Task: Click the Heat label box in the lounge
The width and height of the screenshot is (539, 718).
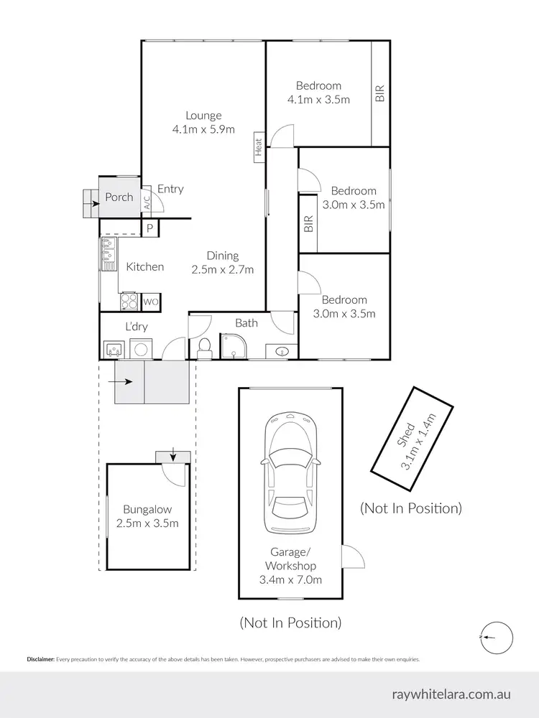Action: coord(259,147)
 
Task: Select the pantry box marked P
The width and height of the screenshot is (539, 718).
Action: coord(150,228)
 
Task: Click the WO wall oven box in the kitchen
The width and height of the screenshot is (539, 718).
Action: coord(151,302)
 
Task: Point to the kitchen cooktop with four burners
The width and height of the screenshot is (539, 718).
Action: coord(129,302)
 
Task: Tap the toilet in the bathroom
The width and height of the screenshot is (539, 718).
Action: coord(204,348)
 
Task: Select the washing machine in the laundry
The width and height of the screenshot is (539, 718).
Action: coord(141,348)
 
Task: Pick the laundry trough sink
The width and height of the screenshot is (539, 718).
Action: coord(113,350)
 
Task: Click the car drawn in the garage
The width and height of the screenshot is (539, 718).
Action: coord(290,472)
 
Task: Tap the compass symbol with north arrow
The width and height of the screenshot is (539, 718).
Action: coord(497,638)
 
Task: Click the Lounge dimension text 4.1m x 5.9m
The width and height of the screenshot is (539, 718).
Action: coord(203,129)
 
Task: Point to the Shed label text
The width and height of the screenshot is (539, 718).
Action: coord(406,435)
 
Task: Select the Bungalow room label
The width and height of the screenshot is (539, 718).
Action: coord(147,509)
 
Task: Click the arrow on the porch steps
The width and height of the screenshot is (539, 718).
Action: coord(93,203)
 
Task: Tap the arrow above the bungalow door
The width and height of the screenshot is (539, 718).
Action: coord(172,455)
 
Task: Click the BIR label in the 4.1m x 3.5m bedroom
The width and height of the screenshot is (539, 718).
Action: coord(380,94)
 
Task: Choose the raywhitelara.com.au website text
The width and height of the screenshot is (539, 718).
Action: coord(451,694)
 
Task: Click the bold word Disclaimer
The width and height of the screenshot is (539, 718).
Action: coord(41,659)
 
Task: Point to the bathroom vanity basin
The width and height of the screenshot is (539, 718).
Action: coord(282,351)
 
